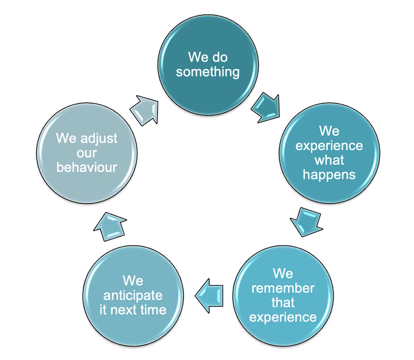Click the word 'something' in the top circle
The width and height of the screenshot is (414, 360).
pyautogui.click(x=207, y=72)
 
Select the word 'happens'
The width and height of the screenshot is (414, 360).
pyautogui.click(x=329, y=175)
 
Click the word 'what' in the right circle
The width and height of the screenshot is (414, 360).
pyautogui.click(x=329, y=160)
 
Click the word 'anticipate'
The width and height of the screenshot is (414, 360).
pyautogui.click(x=133, y=296)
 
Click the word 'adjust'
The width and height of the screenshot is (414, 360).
pyautogui.click(x=99, y=139)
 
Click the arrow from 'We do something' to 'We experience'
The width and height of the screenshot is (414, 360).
pyautogui.click(x=266, y=108)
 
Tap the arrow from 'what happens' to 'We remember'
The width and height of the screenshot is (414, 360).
pyautogui.click(x=306, y=222)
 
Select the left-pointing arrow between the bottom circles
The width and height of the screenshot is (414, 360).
pyautogui.click(x=209, y=296)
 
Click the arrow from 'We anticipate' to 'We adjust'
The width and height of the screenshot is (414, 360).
pyautogui.click(x=110, y=227)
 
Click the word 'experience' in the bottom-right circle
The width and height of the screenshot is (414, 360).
pyautogui.click(x=283, y=317)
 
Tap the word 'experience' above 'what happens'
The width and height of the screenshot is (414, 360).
pyautogui.click(x=329, y=146)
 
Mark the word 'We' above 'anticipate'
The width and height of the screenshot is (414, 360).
pyautogui.click(x=133, y=281)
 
